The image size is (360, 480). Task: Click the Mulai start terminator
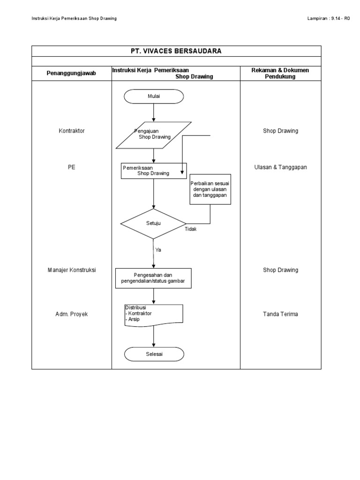[154, 96]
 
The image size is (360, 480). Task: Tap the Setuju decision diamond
[154, 224]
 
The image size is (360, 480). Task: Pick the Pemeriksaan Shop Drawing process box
[154, 171]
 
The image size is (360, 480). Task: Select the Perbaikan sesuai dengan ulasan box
[210, 189]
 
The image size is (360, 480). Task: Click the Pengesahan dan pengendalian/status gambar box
[154, 278]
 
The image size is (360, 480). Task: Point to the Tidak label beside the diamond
[190, 229]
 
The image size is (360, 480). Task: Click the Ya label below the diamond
[158, 250]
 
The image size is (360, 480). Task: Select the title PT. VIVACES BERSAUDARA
[176, 51]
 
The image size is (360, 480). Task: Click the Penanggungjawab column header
[71, 74]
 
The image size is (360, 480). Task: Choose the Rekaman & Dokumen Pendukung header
[280, 73]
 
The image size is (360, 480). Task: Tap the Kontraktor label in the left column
[71, 131]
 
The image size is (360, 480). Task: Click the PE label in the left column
[71, 167]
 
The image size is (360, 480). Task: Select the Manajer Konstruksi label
[71, 270]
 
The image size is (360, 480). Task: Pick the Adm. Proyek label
[71, 314]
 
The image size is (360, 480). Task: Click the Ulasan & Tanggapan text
[280, 167]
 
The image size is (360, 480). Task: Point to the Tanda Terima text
[280, 314]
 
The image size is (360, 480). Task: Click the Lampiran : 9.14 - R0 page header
[328, 18]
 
